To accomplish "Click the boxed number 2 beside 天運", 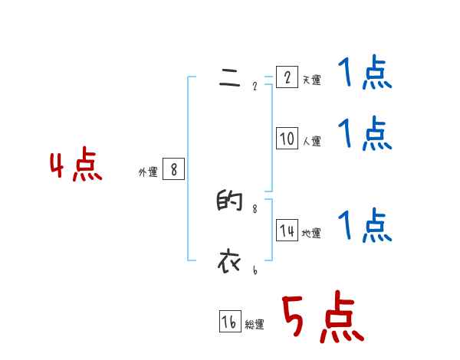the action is [287, 77].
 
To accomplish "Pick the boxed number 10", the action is [287, 138].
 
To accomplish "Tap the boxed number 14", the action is [287, 231].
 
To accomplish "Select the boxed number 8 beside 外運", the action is [174, 170].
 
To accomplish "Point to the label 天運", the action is [311, 80].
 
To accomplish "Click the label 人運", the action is [311, 141].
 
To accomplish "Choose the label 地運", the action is [311, 234].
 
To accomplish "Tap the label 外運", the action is [148, 173].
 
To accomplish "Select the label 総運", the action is [255, 325].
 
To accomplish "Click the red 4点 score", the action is [76, 167].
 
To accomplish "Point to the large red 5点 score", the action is [322, 318].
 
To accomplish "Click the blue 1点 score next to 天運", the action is [364, 74].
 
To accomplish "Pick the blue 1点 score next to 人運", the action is [364, 135].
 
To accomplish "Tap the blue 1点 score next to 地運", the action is [364, 227].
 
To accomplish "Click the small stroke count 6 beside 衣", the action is [255, 270].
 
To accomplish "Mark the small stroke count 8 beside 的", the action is [255, 208].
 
